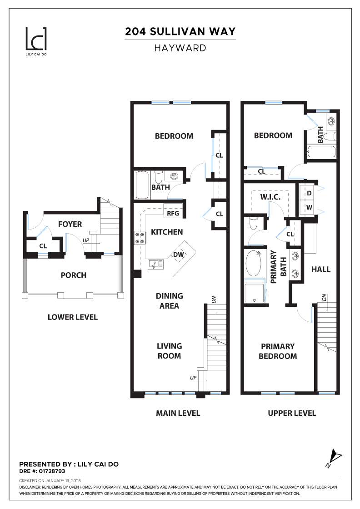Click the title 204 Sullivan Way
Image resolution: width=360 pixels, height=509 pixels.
[180, 31]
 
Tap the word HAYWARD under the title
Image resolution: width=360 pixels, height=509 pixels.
[180, 48]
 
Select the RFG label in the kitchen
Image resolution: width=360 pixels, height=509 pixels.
[173, 213]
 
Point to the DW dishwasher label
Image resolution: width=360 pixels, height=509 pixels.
[178, 255]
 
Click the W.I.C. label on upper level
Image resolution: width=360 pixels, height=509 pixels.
[270, 197]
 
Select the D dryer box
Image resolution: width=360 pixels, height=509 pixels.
[309, 193]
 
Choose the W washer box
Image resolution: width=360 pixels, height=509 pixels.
[309, 207]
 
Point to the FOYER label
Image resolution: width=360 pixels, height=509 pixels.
[70, 224]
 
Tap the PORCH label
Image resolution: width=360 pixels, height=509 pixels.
[73, 275]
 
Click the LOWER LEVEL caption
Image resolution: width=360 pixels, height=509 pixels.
[73, 317]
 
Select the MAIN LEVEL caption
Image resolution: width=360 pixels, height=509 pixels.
[178, 413]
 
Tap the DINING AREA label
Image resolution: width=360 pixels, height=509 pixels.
[169, 301]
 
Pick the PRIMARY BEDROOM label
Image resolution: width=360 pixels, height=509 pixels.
[277, 351]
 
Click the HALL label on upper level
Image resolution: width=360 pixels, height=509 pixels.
[320, 269]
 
